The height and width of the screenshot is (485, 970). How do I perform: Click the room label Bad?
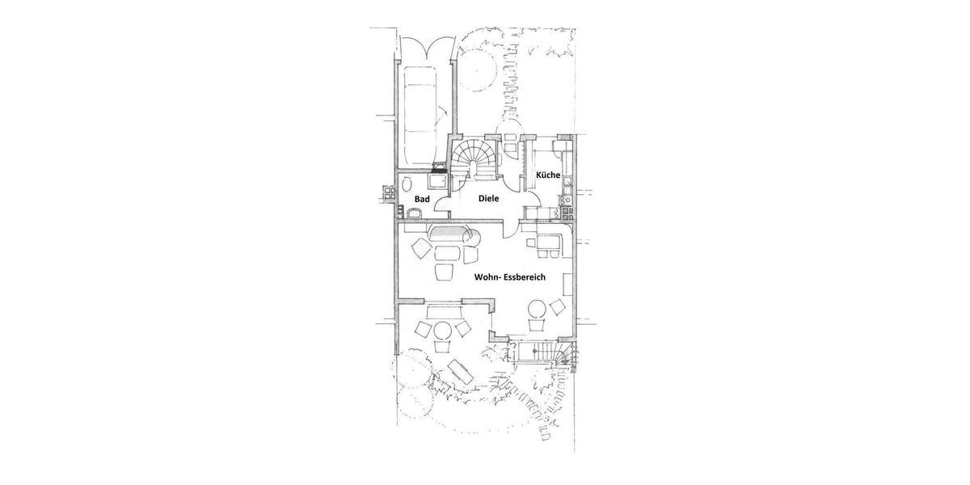(421, 198)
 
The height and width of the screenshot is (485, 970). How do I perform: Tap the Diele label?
(487, 198)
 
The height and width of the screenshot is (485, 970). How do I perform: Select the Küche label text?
(548, 175)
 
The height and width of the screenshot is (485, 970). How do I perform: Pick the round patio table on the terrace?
(442, 331)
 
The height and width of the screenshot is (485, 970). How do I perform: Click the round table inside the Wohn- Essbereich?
(537, 310)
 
